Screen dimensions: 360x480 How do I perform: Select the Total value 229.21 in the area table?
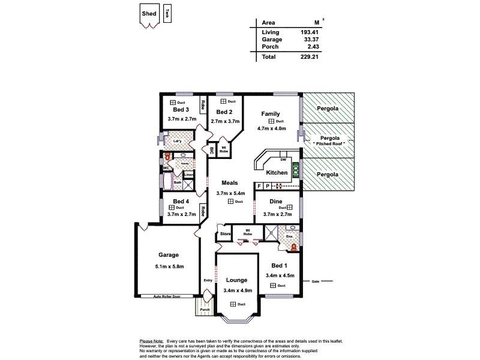click(309, 57)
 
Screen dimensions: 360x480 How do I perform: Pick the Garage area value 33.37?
click(309, 39)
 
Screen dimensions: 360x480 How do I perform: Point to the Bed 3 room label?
click(181, 110)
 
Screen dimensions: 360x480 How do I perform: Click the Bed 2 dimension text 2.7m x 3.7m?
click(224, 121)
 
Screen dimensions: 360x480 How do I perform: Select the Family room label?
click(271, 113)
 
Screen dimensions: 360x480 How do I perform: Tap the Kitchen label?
click(277, 173)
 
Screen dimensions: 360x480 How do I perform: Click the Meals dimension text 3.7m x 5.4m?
click(230, 193)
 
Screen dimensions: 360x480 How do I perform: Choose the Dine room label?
click(276, 202)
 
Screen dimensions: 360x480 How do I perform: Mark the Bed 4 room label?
click(181, 201)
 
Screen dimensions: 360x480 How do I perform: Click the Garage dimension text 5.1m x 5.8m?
click(169, 266)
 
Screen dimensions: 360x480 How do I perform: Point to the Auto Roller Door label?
click(167, 296)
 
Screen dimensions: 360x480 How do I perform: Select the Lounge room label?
click(236, 280)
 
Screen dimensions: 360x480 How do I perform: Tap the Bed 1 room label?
click(280, 265)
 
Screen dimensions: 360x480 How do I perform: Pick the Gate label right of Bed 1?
click(315, 281)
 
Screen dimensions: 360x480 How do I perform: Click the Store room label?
click(226, 233)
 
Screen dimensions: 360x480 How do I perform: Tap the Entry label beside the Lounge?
click(208, 280)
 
